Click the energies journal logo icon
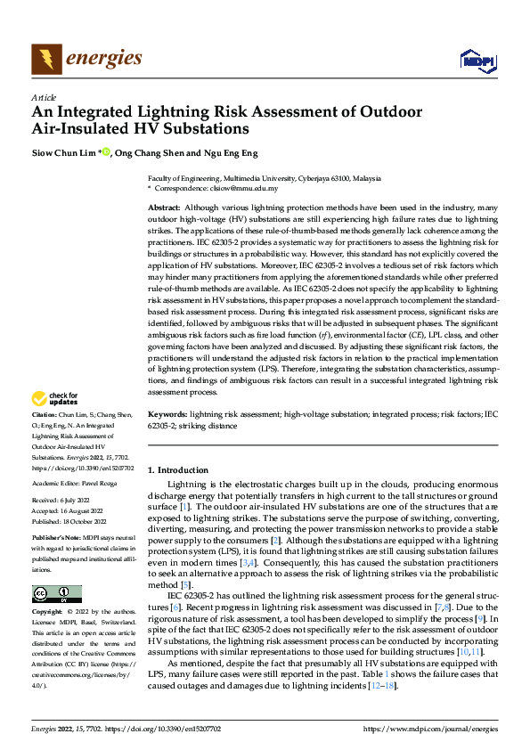point(46,60)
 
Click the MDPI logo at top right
point(476,61)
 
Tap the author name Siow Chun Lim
point(63,152)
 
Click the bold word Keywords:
point(167,415)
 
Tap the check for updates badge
point(56,399)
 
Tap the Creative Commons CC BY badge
point(56,594)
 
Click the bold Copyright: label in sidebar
point(48,614)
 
